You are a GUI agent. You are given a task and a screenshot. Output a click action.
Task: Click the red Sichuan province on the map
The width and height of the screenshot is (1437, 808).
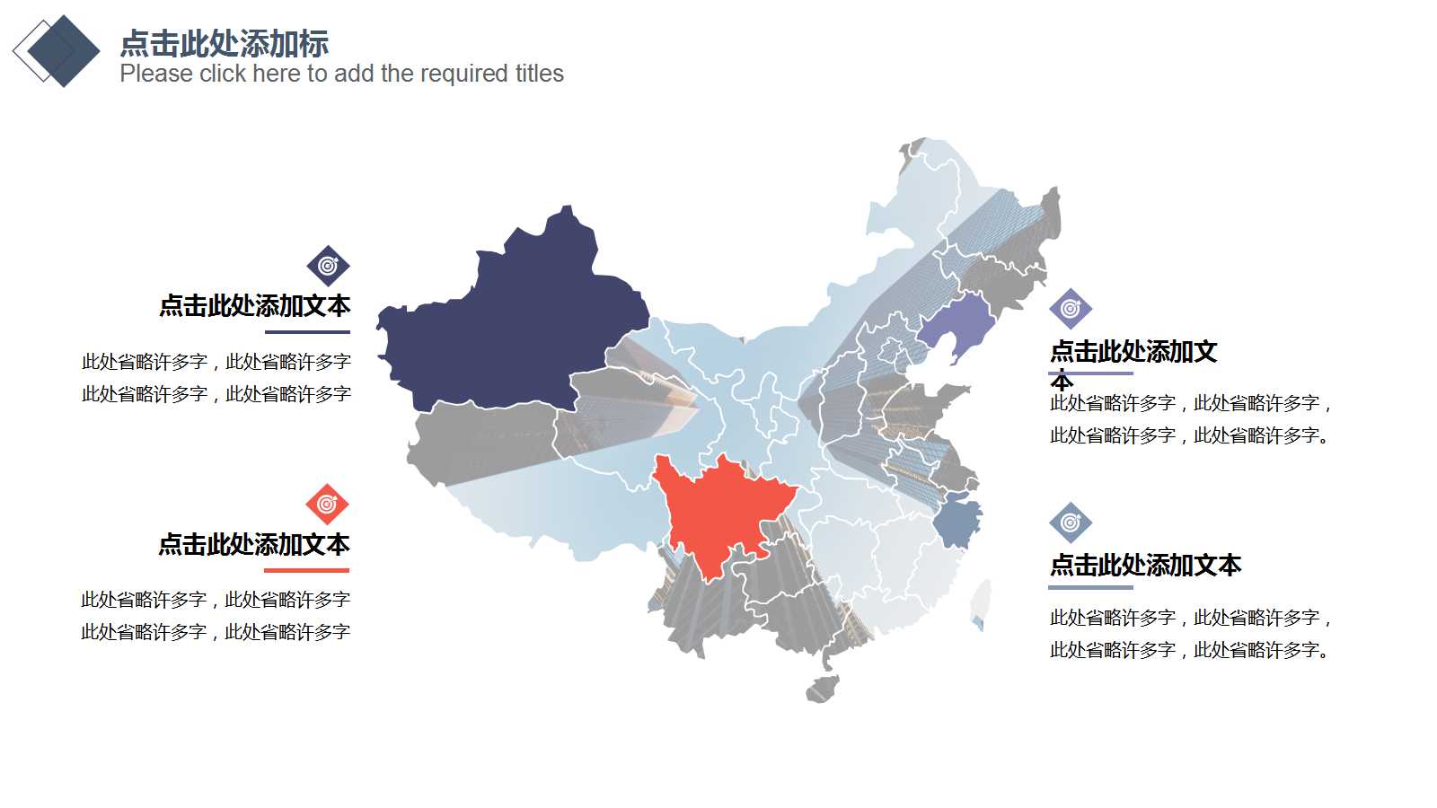(718, 512)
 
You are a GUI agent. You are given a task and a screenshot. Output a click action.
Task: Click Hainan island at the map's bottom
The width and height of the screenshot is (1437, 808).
(822, 689)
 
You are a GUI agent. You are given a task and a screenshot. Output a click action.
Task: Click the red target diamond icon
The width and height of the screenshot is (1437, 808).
(327, 505)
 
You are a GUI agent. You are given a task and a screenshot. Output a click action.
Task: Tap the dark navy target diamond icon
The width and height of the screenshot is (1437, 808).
(328, 266)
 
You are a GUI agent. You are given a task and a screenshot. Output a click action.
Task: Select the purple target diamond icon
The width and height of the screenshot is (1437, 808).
(1071, 309)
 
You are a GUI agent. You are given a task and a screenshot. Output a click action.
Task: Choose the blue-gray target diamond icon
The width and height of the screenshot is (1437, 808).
(1071, 523)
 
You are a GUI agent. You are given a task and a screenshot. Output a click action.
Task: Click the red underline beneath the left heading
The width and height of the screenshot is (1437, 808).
(306, 570)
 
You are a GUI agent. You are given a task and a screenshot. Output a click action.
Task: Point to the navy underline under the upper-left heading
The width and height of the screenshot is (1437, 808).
(307, 331)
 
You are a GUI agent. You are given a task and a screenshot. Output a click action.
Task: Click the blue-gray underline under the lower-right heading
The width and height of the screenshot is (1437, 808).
(1090, 587)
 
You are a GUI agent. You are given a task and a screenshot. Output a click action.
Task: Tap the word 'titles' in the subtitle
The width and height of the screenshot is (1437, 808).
(539, 74)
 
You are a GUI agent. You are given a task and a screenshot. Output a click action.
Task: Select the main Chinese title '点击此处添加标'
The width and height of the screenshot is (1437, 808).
(224, 43)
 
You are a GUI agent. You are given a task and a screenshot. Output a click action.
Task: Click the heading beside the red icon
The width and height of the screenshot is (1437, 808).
(254, 544)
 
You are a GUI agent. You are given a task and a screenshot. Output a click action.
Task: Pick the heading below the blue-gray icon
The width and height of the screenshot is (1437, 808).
(1145, 565)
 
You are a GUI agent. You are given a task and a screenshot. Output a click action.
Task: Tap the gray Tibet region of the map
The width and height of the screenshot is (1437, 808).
(485, 440)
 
